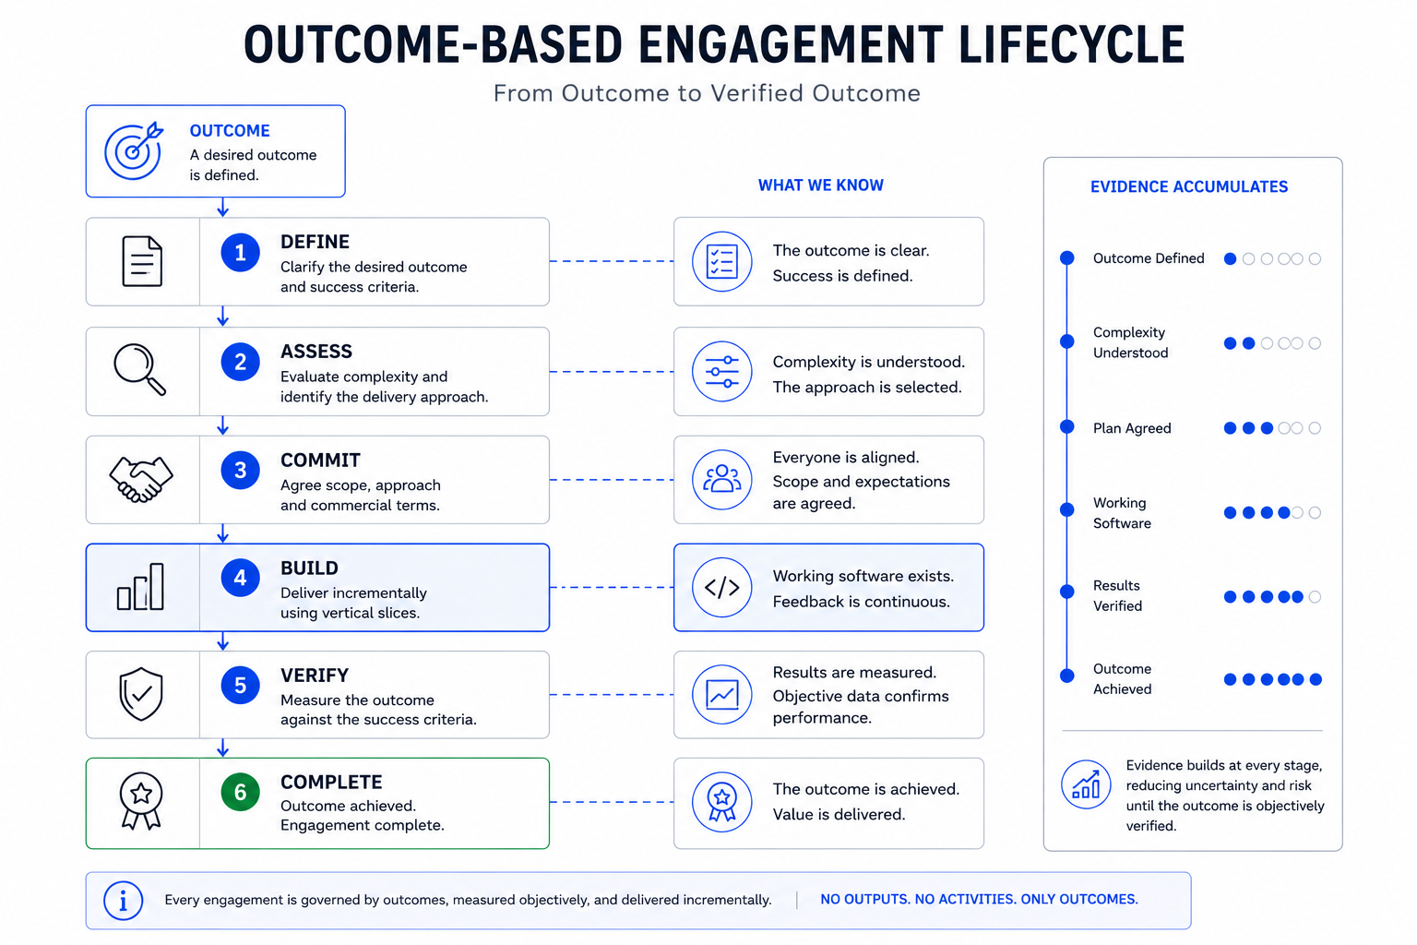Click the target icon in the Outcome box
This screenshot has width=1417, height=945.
[x=134, y=150]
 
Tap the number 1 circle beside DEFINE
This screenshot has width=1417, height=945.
[x=241, y=253]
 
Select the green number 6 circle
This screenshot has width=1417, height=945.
[x=241, y=792]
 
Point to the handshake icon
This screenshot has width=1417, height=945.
[x=141, y=479]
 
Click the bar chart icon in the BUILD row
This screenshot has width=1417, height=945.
[x=140, y=587]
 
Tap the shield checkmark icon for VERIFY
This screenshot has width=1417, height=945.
[x=141, y=694]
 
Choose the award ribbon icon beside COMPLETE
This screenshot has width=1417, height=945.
[x=141, y=801]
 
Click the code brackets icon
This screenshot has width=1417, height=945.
[x=721, y=587]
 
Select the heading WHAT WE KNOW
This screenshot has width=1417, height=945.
[x=820, y=185]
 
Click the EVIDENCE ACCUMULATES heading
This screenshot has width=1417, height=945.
[x=1188, y=186]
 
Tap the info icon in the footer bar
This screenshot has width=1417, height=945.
[x=124, y=900]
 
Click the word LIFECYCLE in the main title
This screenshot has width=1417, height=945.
[x=1071, y=44]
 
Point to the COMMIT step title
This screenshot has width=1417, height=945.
[x=320, y=461]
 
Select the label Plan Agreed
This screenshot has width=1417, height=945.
[x=1132, y=428]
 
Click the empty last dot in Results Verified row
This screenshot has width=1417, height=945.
[x=1315, y=596]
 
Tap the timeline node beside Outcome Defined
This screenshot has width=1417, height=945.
[x=1067, y=257]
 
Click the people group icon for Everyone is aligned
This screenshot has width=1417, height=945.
[x=721, y=480]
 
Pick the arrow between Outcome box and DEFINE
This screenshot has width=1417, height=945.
[x=222, y=207]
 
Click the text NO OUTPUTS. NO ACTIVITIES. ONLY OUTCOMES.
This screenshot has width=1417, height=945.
[x=979, y=900]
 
